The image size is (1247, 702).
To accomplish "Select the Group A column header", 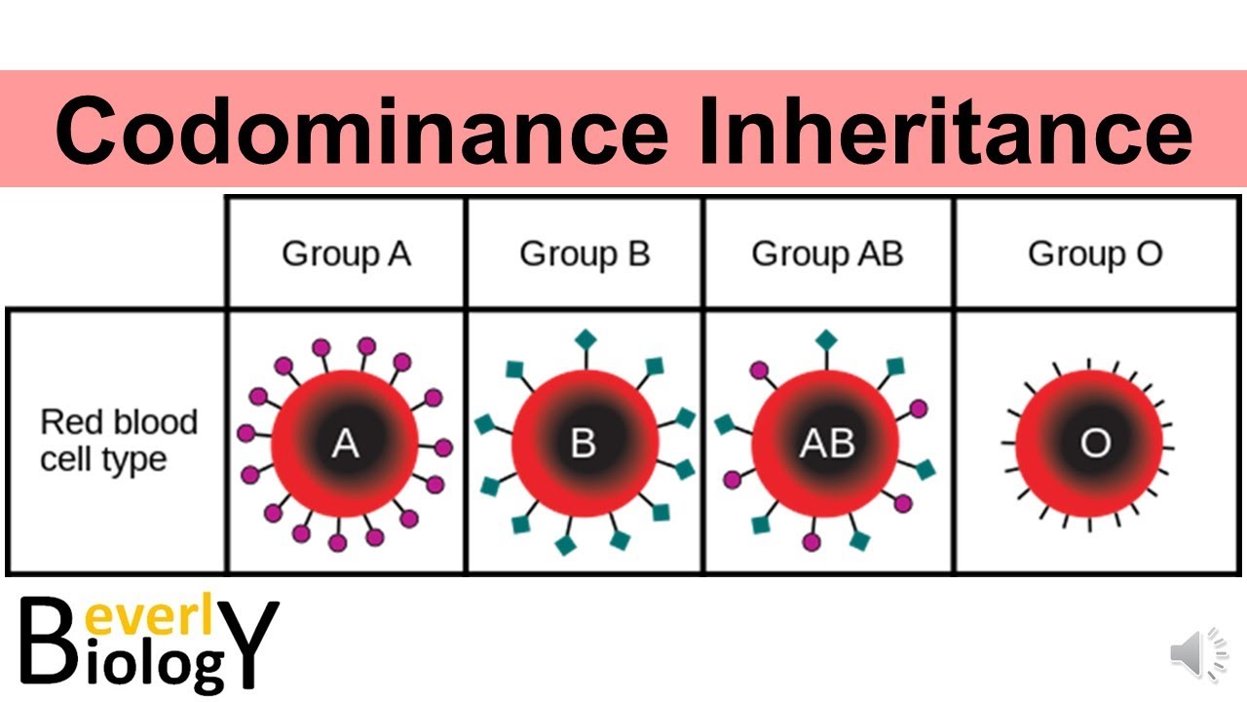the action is (x=346, y=254).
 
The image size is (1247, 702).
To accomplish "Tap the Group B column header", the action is (x=585, y=254).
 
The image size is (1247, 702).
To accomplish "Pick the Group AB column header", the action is (x=827, y=254).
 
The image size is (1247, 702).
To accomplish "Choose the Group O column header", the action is (x=1095, y=254).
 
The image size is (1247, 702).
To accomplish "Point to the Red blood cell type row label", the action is (x=118, y=441).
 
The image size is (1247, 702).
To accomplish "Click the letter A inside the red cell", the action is (x=345, y=444).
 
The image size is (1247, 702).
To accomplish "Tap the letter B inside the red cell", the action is (x=583, y=444).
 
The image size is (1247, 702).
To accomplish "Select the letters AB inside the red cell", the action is (x=826, y=444).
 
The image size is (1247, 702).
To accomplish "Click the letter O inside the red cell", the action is (x=1095, y=444).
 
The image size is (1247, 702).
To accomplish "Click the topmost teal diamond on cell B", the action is (x=585, y=339).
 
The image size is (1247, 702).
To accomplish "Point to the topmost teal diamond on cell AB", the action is (x=826, y=339).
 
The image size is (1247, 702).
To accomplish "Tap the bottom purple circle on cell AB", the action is (x=812, y=541).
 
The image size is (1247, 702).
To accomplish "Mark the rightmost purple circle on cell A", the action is (x=443, y=448).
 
